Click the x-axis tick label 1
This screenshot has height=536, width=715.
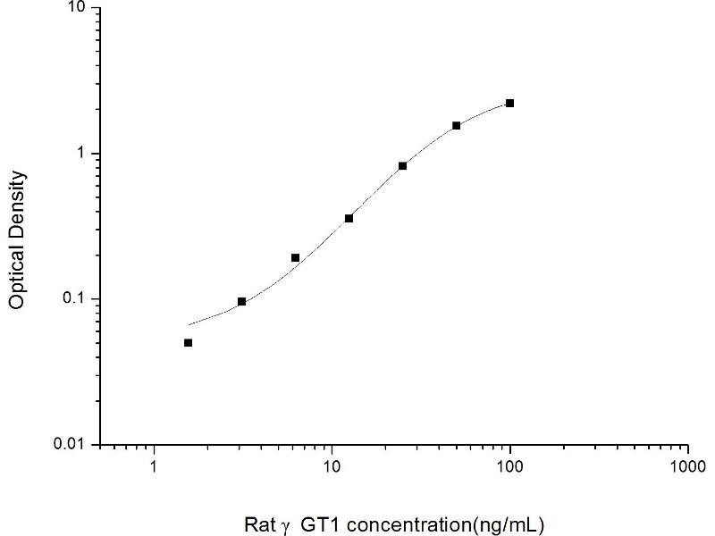[155, 466]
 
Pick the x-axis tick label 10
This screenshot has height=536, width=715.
[332, 466]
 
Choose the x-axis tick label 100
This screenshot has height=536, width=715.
[510, 466]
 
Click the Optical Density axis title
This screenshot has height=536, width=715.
[17, 239]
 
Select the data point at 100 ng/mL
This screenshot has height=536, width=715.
[510, 104]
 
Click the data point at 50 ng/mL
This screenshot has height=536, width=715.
[457, 126]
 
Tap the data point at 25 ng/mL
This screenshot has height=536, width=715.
[403, 166]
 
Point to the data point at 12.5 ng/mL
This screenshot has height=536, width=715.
[349, 218]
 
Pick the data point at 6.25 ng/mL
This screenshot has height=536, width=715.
[296, 258]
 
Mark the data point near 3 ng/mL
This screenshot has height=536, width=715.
[242, 302]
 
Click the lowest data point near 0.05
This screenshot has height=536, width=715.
[189, 343]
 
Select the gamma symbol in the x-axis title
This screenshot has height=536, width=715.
[286, 525]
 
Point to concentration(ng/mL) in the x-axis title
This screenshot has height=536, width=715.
[443, 523]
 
